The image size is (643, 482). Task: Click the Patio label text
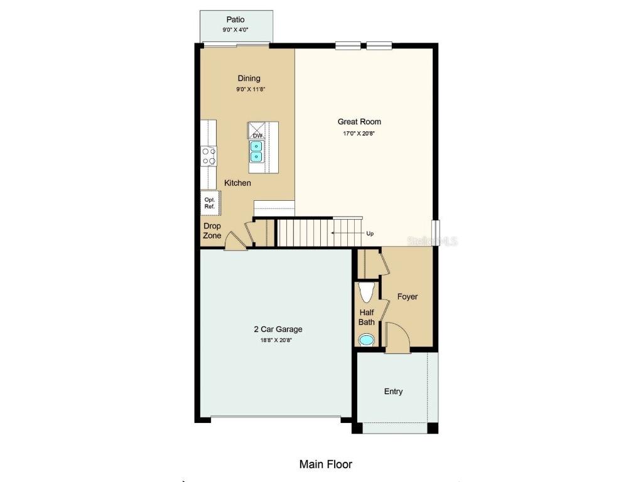[x=235, y=19]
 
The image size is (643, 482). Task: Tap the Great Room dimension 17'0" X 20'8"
[x=359, y=133]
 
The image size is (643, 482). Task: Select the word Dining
[x=249, y=78]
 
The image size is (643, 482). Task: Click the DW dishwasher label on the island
[x=257, y=136]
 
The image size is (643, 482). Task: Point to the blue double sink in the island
[x=257, y=151]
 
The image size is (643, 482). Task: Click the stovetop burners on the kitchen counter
[x=208, y=156]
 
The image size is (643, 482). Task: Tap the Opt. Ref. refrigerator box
[x=209, y=203]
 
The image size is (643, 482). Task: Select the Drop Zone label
[x=212, y=231]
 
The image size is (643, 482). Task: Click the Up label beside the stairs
[x=370, y=233]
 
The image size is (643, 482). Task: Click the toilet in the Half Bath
[x=366, y=292]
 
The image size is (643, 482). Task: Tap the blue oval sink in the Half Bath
[x=365, y=340]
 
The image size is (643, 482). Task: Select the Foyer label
[x=408, y=296]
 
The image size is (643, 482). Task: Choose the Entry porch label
[x=393, y=391]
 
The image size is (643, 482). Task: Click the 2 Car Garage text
[x=278, y=329]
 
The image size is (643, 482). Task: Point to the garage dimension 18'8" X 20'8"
[x=278, y=340]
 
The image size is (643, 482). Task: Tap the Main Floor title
[x=325, y=464]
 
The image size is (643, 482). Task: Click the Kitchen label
[x=238, y=183]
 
